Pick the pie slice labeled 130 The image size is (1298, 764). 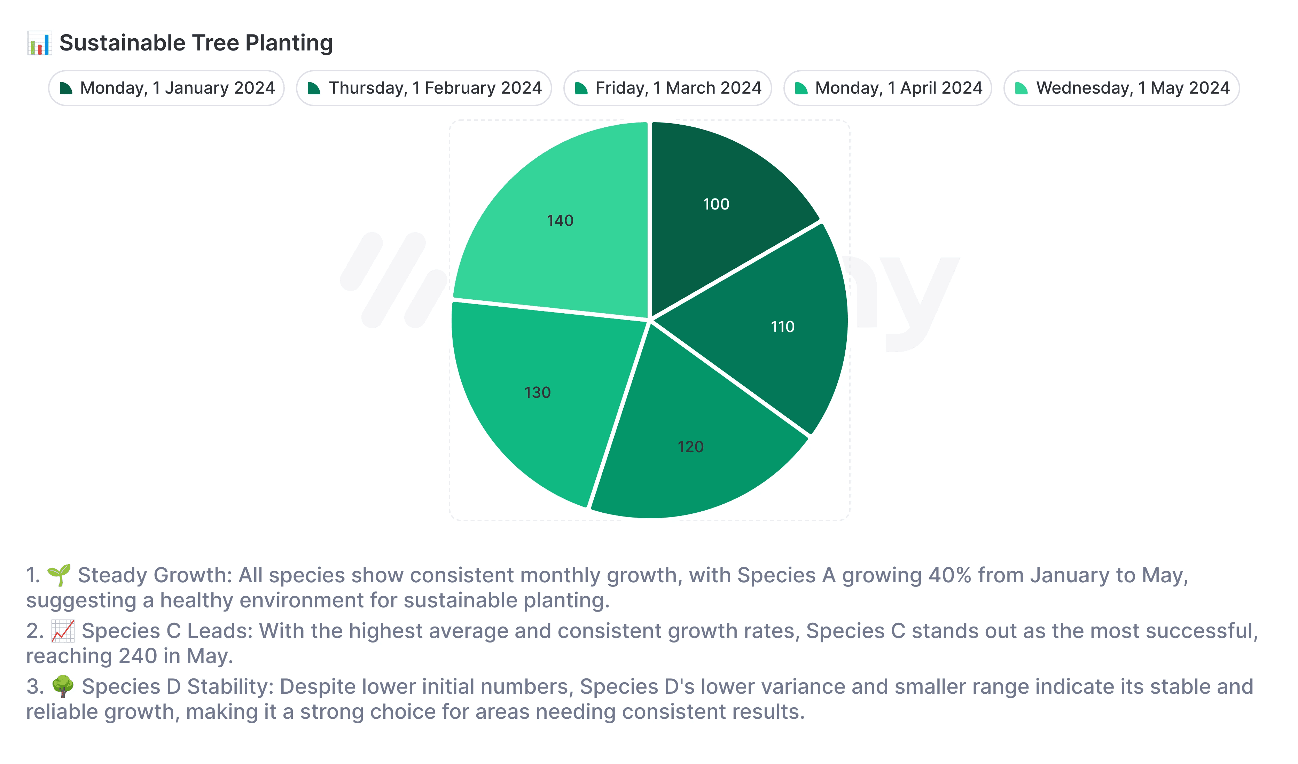[541, 396]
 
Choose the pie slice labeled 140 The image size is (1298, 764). [562, 221]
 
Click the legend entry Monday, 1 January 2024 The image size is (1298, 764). [167, 88]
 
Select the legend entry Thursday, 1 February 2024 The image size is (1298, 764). [424, 88]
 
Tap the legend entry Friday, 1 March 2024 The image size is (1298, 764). [668, 88]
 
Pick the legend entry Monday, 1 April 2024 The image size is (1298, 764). [888, 88]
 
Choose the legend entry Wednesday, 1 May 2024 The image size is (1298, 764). [1122, 88]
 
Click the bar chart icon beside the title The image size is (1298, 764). [39, 43]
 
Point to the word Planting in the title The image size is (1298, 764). [289, 43]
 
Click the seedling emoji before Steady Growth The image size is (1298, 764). [59, 575]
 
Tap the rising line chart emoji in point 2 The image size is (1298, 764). [63, 631]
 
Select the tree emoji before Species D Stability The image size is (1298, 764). [63, 687]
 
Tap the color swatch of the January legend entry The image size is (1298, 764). [66, 88]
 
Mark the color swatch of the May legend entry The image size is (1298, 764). [1022, 88]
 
